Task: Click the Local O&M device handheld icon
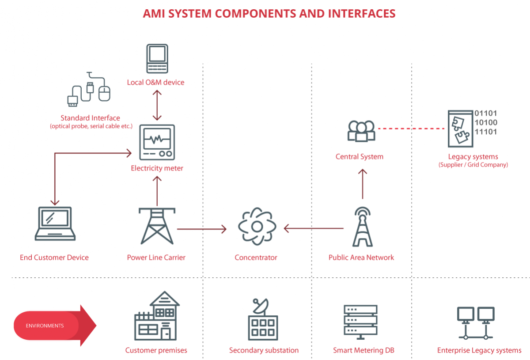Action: click(157, 58)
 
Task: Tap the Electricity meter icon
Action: click(157, 142)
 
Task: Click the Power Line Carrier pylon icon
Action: click(157, 226)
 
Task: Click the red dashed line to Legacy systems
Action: click(411, 129)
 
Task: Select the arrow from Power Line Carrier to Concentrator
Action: click(201, 229)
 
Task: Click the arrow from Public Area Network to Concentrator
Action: click(314, 228)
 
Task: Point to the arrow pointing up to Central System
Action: click(362, 183)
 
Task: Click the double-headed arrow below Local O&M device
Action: click(157, 105)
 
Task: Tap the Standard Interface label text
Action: click(90, 118)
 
